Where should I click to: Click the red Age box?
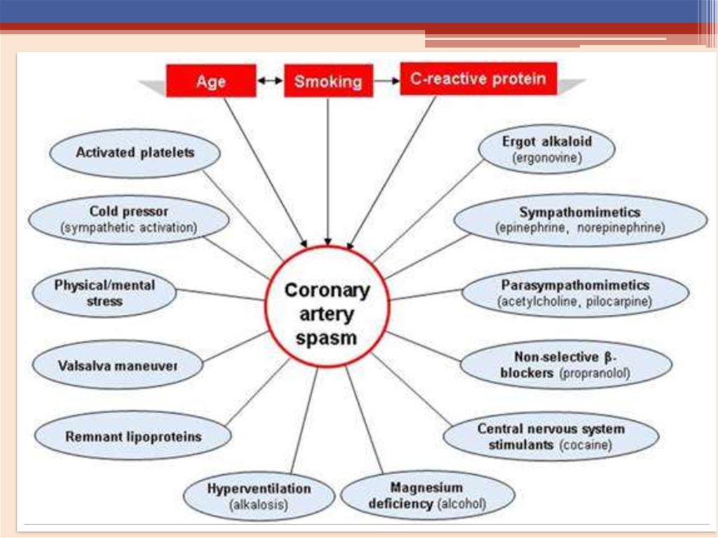(x=211, y=81)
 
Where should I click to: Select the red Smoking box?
(x=328, y=81)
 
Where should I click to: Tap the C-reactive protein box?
(x=478, y=79)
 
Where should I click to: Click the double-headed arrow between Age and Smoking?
(x=270, y=81)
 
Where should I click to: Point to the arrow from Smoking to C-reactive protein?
(x=386, y=81)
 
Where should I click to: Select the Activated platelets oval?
(x=135, y=152)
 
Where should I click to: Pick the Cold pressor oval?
(x=129, y=219)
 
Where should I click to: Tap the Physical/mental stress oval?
(x=105, y=293)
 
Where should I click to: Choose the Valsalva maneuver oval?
(x=118, y=365)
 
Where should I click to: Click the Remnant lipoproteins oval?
(x=133, y=436)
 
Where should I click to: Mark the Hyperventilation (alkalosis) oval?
(x=259, y=495)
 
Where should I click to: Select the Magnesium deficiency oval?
(x=427, y=495)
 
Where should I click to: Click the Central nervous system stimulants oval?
(x=551, y=436)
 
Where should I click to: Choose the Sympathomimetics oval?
(x=580, y=220)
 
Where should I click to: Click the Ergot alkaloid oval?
(x=547, y=149)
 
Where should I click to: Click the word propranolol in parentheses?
(x=595, y=374)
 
